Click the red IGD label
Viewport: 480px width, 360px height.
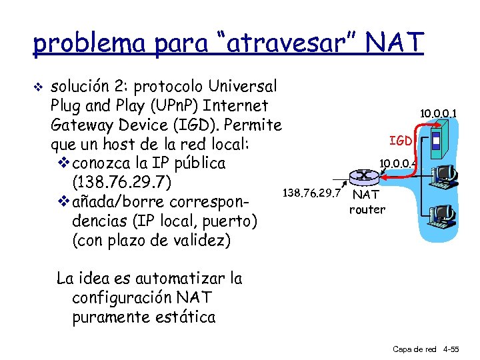tap(401, 141)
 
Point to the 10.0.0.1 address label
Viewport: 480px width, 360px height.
tap(438, 114)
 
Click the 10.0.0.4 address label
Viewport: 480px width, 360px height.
tap(397, 162)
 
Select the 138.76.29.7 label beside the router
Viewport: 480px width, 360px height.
tap(312, 193)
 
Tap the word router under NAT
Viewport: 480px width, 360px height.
tap(367, 209)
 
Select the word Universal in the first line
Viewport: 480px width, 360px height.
tap(243, 87)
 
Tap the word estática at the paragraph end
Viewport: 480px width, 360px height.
tap(187, 317)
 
